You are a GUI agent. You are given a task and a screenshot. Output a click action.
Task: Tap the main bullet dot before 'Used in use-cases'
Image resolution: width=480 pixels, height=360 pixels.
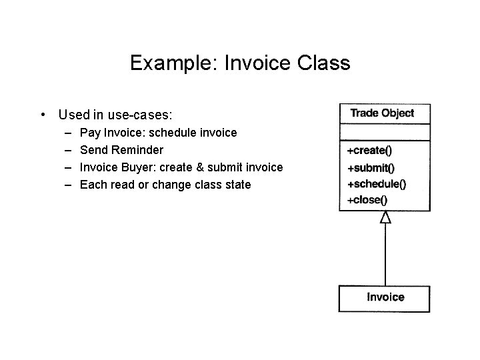(x=43, y=115)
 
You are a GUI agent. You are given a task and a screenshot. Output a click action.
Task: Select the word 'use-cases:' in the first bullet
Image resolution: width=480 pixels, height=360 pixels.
(x=153, y=115)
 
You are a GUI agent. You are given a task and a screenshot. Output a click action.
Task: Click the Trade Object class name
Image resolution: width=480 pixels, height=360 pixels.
(x=382, y=113)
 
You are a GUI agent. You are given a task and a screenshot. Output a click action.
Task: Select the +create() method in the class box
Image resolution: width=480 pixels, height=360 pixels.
(x=369, y=151)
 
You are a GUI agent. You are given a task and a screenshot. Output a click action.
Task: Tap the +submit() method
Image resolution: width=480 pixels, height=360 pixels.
(x=371, y=168)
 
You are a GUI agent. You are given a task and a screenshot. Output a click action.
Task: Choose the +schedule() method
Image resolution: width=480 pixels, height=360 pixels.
(x=376, y=184)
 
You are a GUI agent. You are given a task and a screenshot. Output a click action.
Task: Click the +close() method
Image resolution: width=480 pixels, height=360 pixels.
(x=367, y=199)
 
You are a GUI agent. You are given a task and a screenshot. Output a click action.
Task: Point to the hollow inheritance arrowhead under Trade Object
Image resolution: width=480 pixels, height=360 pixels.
(x=385, y=217)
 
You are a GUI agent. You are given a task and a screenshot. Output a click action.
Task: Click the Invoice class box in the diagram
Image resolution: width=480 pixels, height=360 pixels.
(x=385, y=298)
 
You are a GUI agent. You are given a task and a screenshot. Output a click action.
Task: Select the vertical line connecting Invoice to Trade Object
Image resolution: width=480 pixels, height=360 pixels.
(x=385, y=253)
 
